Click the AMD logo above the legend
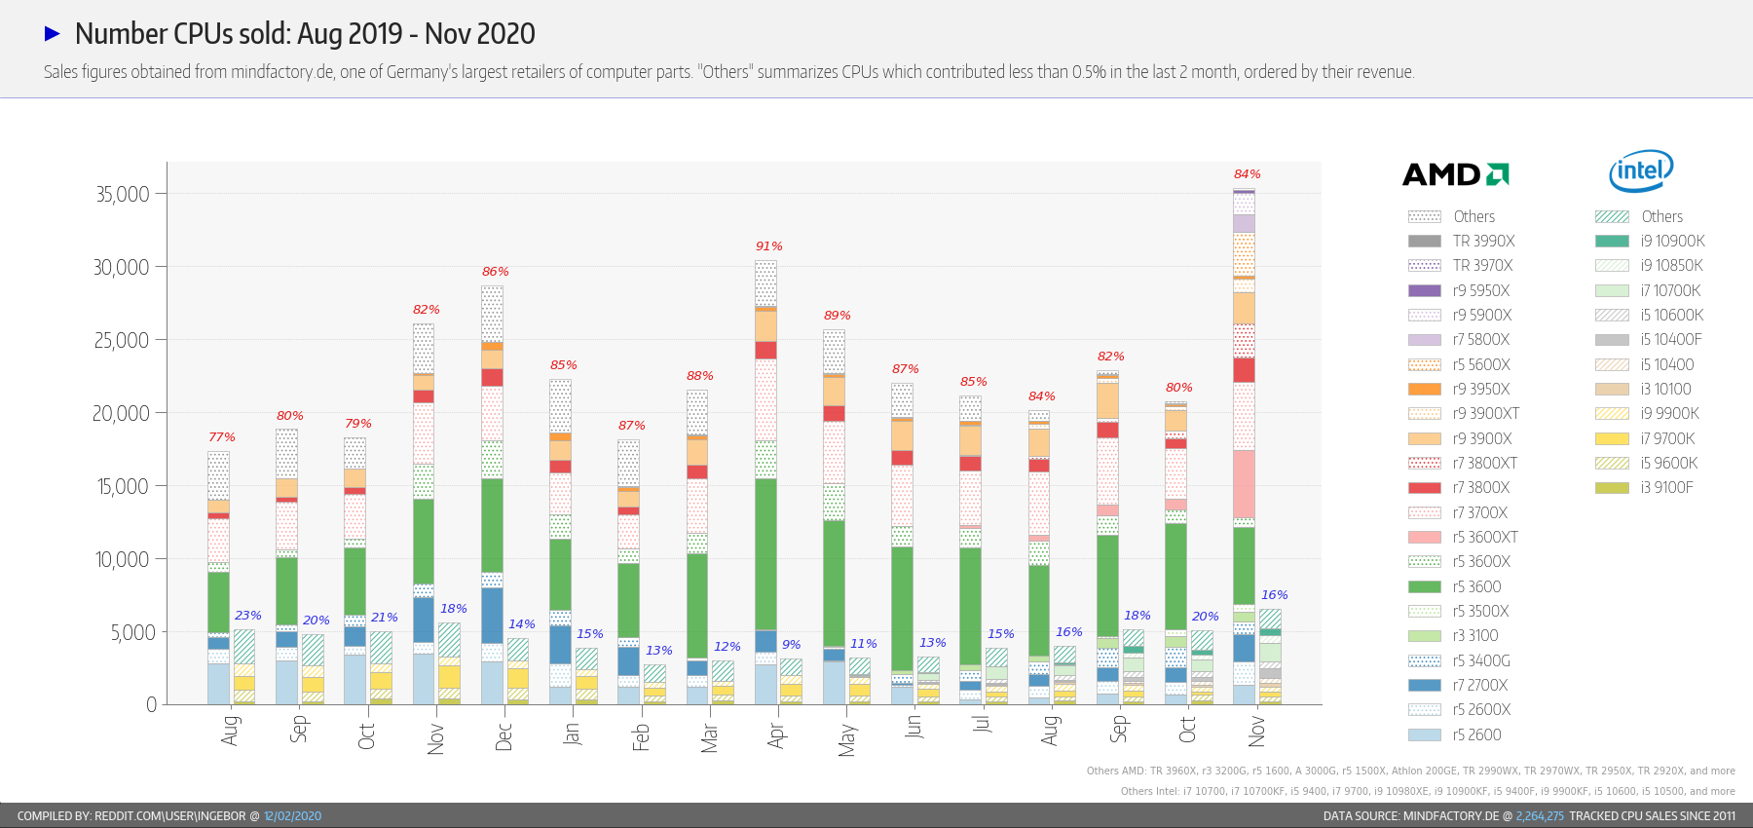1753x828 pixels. point(1455,174)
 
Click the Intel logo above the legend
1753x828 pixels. point(1641,171)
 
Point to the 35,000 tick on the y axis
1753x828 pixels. point(123,194)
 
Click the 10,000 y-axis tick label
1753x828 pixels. point(123,559)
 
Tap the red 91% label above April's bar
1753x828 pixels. point(769,246)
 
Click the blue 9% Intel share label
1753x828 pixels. point(792,645)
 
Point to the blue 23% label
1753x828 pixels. point(248,616)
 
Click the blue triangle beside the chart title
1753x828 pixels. point(53,34)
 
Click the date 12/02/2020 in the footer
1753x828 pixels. point(292,816)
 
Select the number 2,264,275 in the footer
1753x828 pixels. point(1540,816)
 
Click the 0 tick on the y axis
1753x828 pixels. point(151,704)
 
